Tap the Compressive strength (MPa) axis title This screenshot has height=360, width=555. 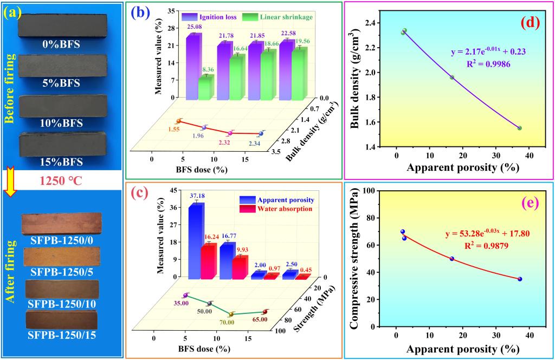click(x=355, y=259)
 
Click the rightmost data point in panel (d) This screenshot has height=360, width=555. click(x=519, y=128)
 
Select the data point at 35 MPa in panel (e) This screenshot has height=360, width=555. click(x=520, y=279)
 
